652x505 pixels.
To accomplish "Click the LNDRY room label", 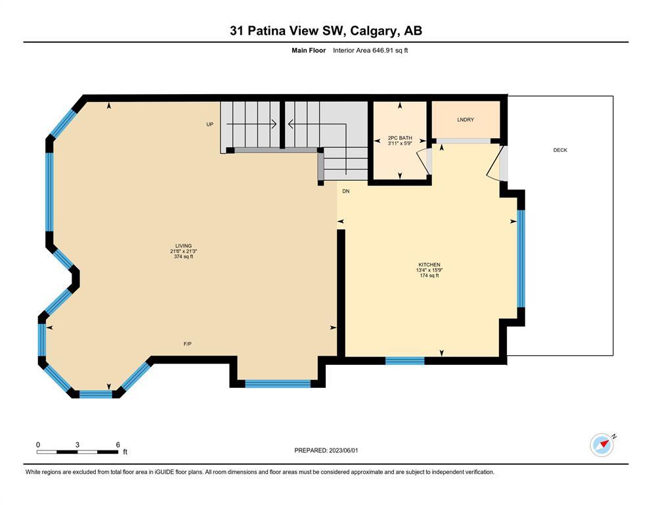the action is [x=466, y=120].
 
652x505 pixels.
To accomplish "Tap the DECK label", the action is [x=560, y=150].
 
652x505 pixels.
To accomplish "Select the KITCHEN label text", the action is [x=429, y=265].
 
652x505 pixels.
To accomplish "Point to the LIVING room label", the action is [x=183, y=246].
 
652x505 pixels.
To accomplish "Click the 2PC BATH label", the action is [x=400, y=138].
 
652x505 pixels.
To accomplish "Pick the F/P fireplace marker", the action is [x=188, y=344].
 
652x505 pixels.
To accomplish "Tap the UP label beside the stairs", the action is [x=210, y=124].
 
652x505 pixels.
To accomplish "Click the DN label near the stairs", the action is [x=346, y=191].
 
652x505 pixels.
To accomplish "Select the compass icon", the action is [x=602, y=445].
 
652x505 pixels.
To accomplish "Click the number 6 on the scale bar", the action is [x=118, y=445].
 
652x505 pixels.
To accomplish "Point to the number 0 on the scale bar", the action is [x=38, y=445].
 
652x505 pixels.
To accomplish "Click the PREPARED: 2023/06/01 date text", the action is [x=326, y=450].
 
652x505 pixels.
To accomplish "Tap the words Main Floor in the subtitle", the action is [x=309, y=51].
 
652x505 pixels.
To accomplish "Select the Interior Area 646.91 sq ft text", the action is [x=370, y=51].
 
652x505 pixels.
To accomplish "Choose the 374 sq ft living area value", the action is [x=183, y=256].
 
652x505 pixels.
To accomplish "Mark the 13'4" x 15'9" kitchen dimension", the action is [x=429, y=270].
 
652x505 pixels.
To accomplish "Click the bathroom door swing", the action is [x=424, y=161].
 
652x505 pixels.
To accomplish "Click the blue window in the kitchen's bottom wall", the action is [x=405, y=361].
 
